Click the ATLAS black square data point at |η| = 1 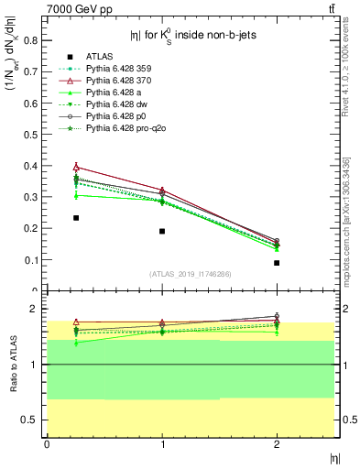tap(162, 231)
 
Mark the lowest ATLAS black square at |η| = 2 tap(277, 263)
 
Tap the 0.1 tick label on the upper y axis tap(32, 260)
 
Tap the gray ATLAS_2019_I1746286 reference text tap(190, 274)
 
